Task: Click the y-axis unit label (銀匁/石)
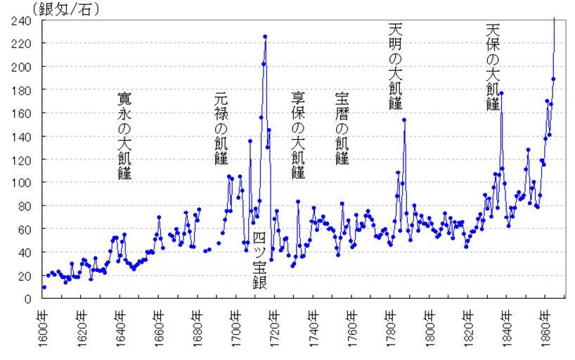[63, 10]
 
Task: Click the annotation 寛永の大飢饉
[124, 136]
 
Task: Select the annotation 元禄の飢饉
[221, 127]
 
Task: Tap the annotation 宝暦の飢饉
[342, 127]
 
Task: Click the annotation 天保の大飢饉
[492, 66]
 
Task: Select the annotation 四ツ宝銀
[259, 260]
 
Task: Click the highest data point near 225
[265, 37]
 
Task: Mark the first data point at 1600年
[44, 287]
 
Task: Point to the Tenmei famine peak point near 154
[404, 120]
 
